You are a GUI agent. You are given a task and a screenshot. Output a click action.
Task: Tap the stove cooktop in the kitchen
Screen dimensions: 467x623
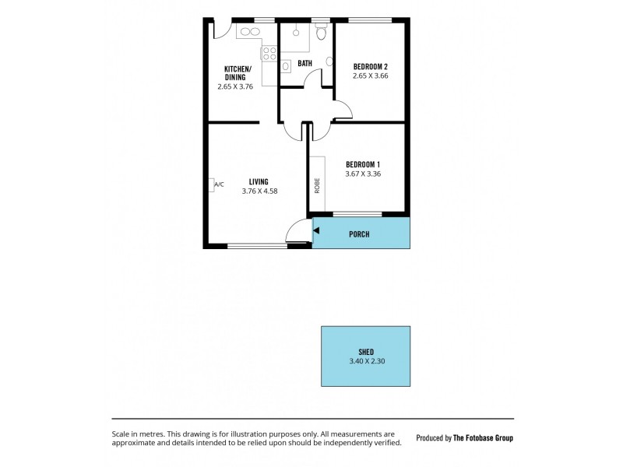pos(269,53)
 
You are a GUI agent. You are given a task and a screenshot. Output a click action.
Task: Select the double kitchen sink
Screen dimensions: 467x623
pos(250,32)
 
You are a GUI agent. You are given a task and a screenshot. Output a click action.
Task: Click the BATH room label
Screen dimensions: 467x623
pos(304,63)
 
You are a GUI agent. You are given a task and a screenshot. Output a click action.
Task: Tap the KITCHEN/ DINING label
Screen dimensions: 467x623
pos(235,73)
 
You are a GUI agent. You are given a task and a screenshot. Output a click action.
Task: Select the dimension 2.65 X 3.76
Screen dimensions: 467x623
pos(235,87)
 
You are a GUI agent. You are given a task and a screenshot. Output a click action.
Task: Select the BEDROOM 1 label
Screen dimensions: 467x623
pos(363,163)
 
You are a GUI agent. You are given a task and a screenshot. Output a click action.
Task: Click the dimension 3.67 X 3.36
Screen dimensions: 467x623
pos(363,174)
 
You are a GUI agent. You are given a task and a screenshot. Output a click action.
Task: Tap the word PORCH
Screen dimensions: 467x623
pos(359,233)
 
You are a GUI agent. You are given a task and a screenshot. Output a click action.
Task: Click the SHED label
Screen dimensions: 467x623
pos(364,352)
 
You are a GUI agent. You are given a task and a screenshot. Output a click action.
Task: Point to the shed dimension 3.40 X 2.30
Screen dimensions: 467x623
pos(364,362)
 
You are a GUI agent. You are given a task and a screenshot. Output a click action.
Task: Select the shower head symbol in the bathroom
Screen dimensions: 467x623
pos(296,33)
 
